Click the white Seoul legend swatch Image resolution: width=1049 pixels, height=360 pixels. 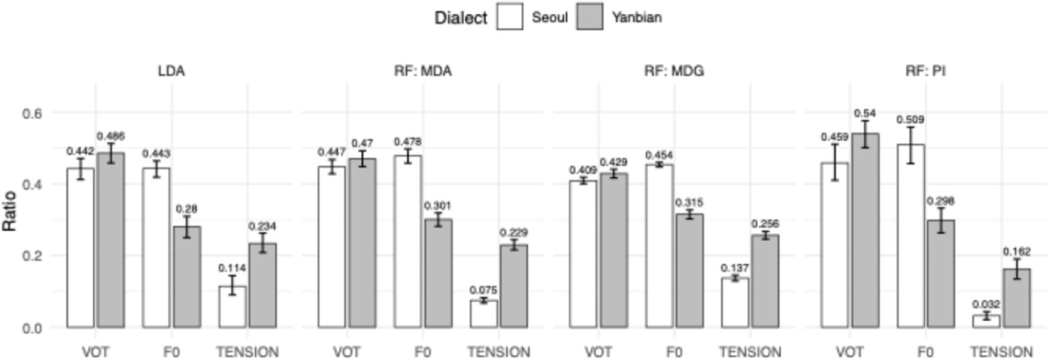click(x=509, y=17)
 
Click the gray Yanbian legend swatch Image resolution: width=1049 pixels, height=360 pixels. click(x=589, y=17)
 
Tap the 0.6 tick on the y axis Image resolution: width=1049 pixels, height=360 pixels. click(x=32, y=113)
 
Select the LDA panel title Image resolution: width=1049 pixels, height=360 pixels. click(x=171, y=71)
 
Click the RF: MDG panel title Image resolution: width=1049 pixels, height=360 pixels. click(x=673, y=71)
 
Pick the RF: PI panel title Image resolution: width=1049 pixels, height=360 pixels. click(x=925, y=71)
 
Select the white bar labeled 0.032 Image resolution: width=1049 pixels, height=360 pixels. click(x=986, y=321)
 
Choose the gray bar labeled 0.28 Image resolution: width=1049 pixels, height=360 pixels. click(x=187, y=277)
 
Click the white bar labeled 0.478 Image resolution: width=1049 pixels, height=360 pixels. click(x=407, y=241)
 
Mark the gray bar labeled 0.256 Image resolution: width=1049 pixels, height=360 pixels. click(x=765, y=281)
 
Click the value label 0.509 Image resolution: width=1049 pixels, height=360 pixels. click(x=910, y=119)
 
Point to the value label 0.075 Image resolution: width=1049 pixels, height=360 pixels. click(x=483, y=290)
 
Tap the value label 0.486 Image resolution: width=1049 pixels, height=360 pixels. click(x=110, y=136)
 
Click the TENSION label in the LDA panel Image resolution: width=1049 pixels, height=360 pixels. click(x=247, y=352)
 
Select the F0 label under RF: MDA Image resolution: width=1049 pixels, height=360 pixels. click(x=422, y=352)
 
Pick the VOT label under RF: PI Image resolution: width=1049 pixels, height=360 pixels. click(x=849, y=352)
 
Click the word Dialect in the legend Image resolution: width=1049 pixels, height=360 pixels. click(x=460, y=18)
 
